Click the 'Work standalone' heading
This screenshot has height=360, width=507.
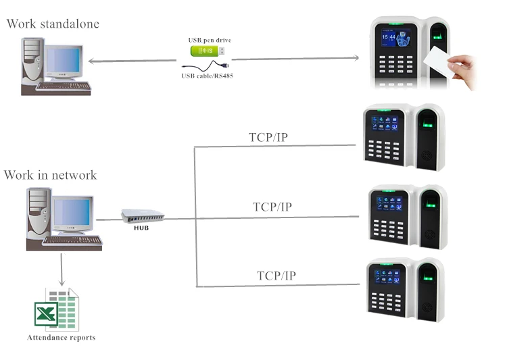click(53, 24)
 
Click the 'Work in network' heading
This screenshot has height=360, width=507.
click(50, 176)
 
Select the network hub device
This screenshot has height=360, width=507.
click(142, 216)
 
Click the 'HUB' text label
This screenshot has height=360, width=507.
click(141, 228)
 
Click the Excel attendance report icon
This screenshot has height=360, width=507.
click(57, 309)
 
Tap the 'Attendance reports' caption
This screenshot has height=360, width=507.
click(61, 337)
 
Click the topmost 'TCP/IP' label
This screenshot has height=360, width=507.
click(268, 138)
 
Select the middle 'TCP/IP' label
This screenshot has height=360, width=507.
click(272, 207)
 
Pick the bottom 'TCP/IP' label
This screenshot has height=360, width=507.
click(276, 276)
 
